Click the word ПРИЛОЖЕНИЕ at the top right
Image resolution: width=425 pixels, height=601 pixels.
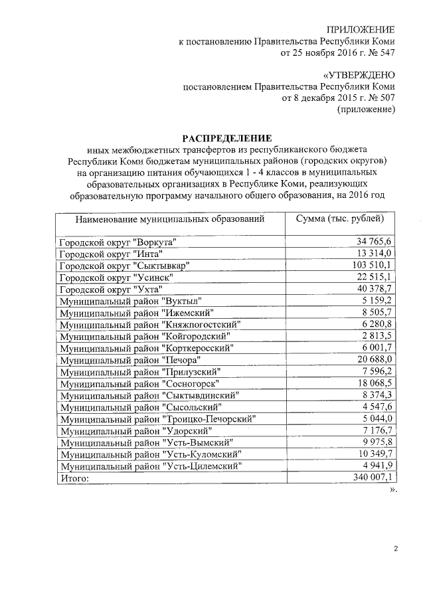coord(361,29)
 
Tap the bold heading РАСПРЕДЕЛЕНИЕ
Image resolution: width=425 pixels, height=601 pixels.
coord(228,139)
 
